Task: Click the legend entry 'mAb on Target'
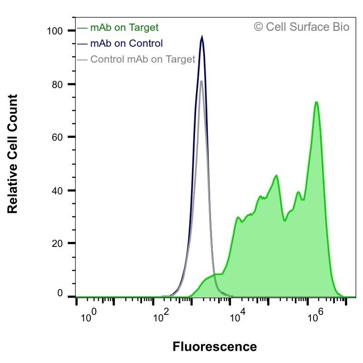[x=124, y=28]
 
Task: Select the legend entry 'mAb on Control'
[x=127, y=43]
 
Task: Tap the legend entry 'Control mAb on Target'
[x=143, y=59]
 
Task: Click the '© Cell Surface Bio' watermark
[x=301, y=27]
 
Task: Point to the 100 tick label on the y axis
[x=55, y=31]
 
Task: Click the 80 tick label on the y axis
[x=58, y=85]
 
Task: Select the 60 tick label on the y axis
[x=58, y=137]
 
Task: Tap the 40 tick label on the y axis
[x=58, y=191]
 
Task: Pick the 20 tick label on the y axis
[x=58, y=243]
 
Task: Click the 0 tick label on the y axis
[x=60, y=293]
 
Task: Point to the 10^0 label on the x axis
[x=88, y=315]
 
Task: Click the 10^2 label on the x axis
[x=161, y=315]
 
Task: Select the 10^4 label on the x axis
[x=237, y=315]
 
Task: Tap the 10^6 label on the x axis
[x=315, y=315]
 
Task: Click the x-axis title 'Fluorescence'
[x=215, y=347]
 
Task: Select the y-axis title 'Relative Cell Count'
[x=13, y=154]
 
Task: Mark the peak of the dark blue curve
[x=202, y=37]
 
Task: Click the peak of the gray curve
[x=201, y=81]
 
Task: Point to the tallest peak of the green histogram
[x=316, y=102]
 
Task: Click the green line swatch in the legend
[x=82, y=28]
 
